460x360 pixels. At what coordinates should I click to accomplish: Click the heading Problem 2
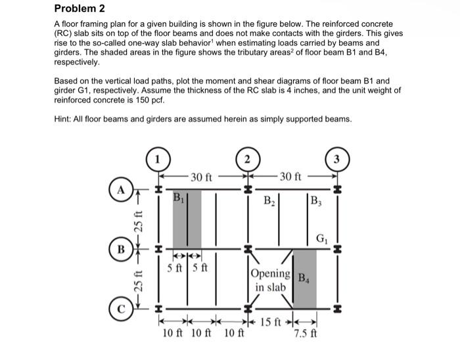78,9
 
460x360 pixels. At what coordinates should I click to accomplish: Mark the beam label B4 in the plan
305,277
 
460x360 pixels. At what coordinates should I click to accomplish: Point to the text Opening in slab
270,281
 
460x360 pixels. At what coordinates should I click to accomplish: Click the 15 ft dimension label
271,322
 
